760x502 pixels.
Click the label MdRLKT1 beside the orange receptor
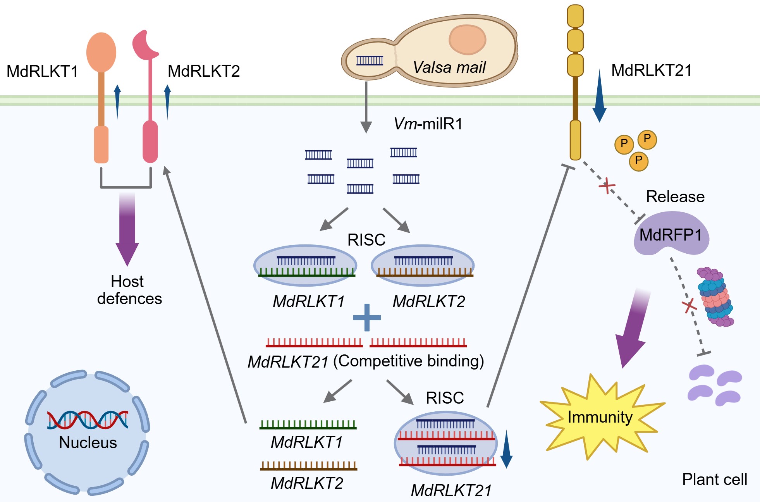(x=43, y=72)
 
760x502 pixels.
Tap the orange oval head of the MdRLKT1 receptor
(x=101, y=52)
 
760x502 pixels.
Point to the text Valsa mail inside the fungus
(x=449, y=67)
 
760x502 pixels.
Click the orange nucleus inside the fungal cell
(x=468, y=40)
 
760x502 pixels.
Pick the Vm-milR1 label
(x=428, y=124)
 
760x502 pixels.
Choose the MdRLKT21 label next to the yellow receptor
(x=651, y=70)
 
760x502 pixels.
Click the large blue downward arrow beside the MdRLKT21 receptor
(x=599, y=97)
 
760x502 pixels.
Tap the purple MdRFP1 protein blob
(x=671, y=234)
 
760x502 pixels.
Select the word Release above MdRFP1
(x=675, y=197)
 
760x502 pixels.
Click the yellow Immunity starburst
(x=600, y=417)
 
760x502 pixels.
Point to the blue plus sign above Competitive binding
(x=367, y=317)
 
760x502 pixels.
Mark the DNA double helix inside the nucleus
(x=88, y=420)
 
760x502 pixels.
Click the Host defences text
(x=129, y=290)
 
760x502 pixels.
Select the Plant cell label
(x=714, y=480)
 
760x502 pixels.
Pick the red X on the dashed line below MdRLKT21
(x=607, y=186)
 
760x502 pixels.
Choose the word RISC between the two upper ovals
(x=366, y=240)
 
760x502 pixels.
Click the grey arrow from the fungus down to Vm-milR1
(x=366, y=107)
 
